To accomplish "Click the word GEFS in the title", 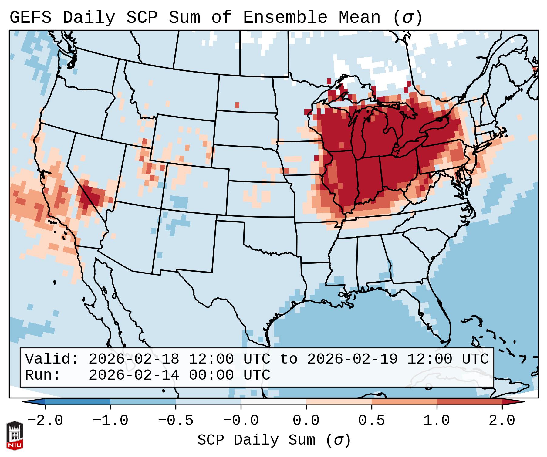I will [30, 18].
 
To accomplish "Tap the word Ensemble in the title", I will [285, 18].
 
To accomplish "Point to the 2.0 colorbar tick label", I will [502, 421].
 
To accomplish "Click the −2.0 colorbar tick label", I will [45, 421].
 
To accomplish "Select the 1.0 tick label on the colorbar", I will [437, 421].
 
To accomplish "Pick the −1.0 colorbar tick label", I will [110, 421].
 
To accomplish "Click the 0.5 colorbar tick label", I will [371, 421].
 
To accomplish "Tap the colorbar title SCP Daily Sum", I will [256, 440].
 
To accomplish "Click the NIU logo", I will [15, 435].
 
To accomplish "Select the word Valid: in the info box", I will [52, 359].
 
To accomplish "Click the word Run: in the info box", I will [43, 375].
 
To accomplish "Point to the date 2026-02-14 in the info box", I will [134, 375].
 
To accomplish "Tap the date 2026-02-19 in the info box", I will [352, 359].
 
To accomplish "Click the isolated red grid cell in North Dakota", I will [237, 105].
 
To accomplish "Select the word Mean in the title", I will [359, 18].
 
